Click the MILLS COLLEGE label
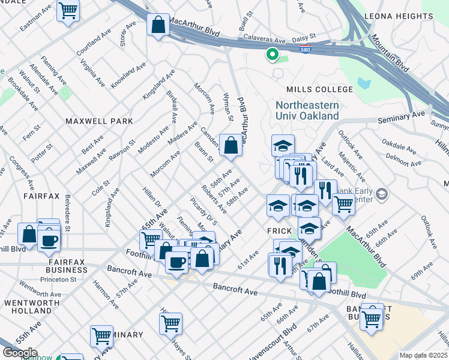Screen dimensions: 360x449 click(319, 89)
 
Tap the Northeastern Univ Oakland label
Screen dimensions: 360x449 click(307, 110)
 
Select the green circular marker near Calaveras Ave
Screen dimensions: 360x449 click(272, 55)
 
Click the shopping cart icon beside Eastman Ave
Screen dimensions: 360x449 click(68, 10)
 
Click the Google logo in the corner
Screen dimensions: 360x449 click(20, 353)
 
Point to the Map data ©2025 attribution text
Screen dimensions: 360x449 click(423, 355)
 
